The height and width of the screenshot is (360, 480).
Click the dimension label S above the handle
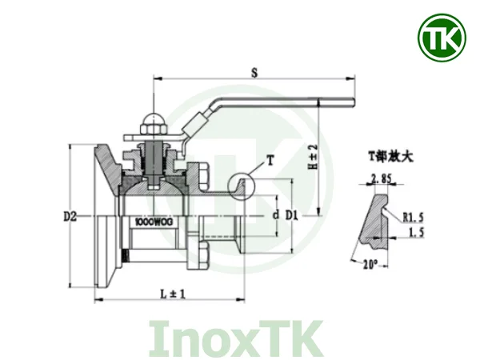point(254,72)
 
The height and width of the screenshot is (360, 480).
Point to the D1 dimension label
point(293,215)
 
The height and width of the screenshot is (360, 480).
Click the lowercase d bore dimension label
point(274,215)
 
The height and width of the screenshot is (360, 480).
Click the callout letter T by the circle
point(270,160)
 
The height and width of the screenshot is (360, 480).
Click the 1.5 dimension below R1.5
point(414,232)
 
